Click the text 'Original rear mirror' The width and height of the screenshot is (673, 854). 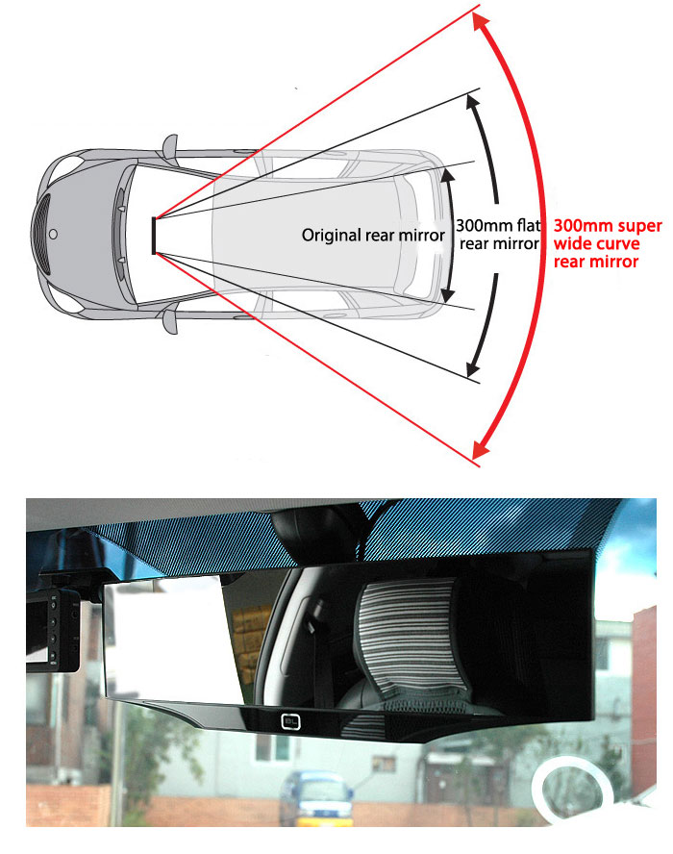373,236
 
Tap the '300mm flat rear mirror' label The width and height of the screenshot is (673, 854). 498,235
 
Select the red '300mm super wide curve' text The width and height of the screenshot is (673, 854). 608,235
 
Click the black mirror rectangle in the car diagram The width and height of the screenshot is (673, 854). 154,236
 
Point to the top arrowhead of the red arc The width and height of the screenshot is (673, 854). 481,23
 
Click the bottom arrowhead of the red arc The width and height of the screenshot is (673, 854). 481,448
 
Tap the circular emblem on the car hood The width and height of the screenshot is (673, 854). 53,235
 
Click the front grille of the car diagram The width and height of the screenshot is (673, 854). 42,235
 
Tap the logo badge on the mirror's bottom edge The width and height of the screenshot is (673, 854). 290,722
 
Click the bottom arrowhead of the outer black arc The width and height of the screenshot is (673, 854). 473,368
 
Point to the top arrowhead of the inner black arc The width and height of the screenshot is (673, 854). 448,174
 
